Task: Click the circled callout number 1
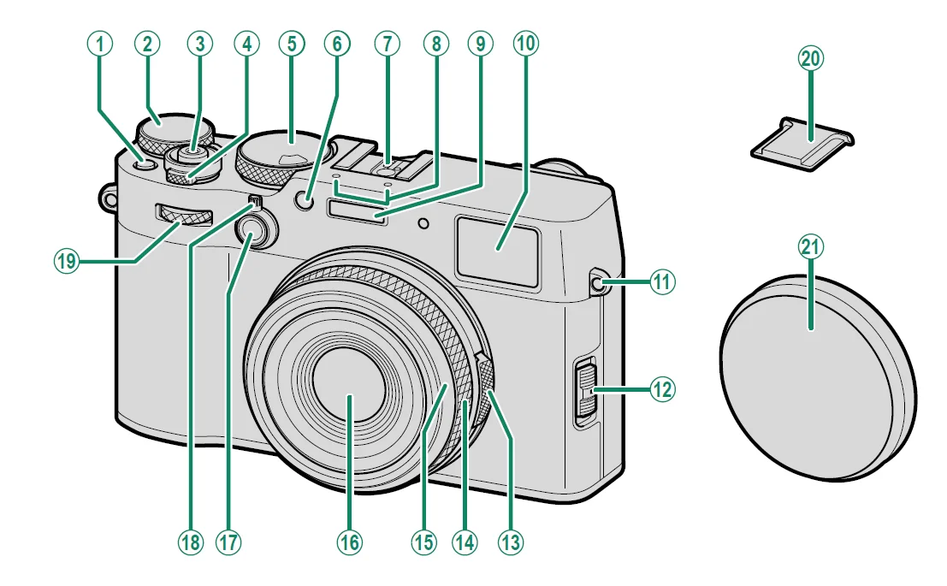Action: (100, 45)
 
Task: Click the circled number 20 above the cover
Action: (808, 58)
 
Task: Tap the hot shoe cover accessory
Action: (801, 140)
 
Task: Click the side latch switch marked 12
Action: (584, 388)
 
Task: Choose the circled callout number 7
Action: (387, 45)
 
